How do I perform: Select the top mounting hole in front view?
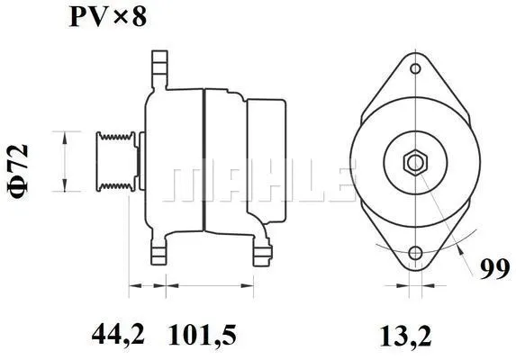[x=415, y=68]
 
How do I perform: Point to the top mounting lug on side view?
[x=159, y=68]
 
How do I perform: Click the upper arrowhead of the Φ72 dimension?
[x=63, y=133]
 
